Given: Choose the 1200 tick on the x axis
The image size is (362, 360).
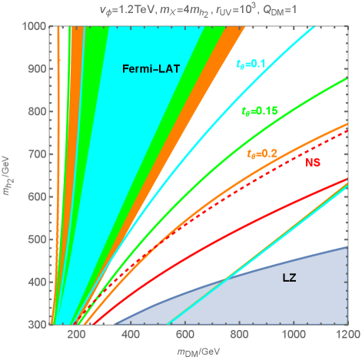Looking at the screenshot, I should (347, 335).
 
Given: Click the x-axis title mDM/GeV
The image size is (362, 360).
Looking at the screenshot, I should (197, 351).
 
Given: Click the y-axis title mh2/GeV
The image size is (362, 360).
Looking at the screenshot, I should (9, 175).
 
